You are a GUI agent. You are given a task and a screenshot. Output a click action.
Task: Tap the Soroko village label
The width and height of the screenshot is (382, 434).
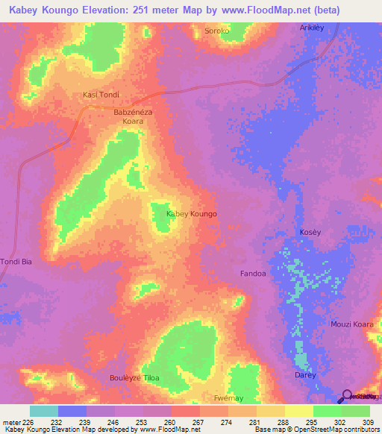tap(218, 31)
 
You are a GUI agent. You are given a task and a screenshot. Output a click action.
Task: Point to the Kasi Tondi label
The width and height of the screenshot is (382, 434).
tap(101, 95)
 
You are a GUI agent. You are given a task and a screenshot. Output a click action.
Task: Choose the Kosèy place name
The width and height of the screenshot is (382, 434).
tap(310, 232)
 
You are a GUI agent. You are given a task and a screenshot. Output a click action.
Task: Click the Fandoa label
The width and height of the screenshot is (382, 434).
tap(253, 274)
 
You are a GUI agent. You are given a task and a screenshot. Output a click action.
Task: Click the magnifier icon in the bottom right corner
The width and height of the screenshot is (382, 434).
tap(348, 397)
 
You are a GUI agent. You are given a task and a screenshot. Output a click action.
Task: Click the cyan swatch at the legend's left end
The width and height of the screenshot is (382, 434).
tap(44, 411)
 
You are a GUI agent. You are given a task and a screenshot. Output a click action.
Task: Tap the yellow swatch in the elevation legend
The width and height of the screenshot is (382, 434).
tap(299, 411)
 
